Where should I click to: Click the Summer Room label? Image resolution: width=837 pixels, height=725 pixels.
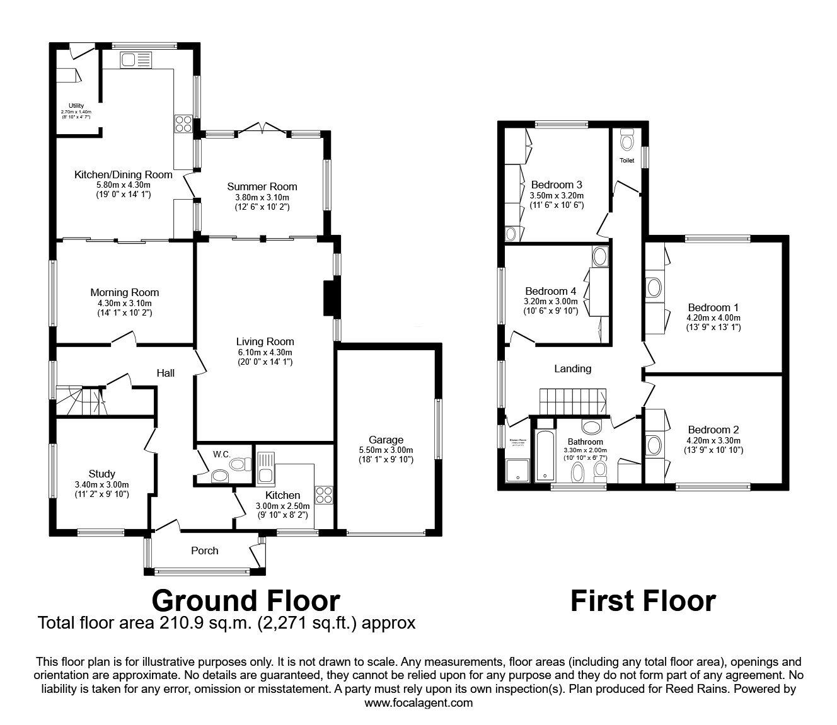pos(262,186)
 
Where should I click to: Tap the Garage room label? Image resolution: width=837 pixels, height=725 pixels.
pos(386,440)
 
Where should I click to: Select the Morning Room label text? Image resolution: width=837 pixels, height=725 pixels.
pos(124,292)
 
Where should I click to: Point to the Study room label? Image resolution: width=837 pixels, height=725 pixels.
pos(101,474)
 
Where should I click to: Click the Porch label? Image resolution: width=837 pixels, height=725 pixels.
pos(204,551)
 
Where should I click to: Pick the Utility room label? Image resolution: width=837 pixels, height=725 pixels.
pos(76,105)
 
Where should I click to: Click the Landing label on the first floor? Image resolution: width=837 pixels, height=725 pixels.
pos(572,368)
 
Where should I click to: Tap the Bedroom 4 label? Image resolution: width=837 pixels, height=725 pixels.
pos(550,291)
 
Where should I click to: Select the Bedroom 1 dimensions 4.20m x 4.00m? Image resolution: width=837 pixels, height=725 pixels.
pos(713,317)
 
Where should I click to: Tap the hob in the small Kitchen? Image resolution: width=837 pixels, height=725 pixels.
pos(324,494)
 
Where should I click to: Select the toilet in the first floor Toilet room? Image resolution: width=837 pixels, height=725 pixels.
pos(626,140)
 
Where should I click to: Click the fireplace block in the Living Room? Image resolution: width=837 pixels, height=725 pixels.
pos(330,298)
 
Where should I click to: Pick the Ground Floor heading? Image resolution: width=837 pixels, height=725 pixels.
pos(245,600)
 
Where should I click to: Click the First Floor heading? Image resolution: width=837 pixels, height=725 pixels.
pos(642,600)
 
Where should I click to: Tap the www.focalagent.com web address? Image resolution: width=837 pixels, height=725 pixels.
pos(418,702)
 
